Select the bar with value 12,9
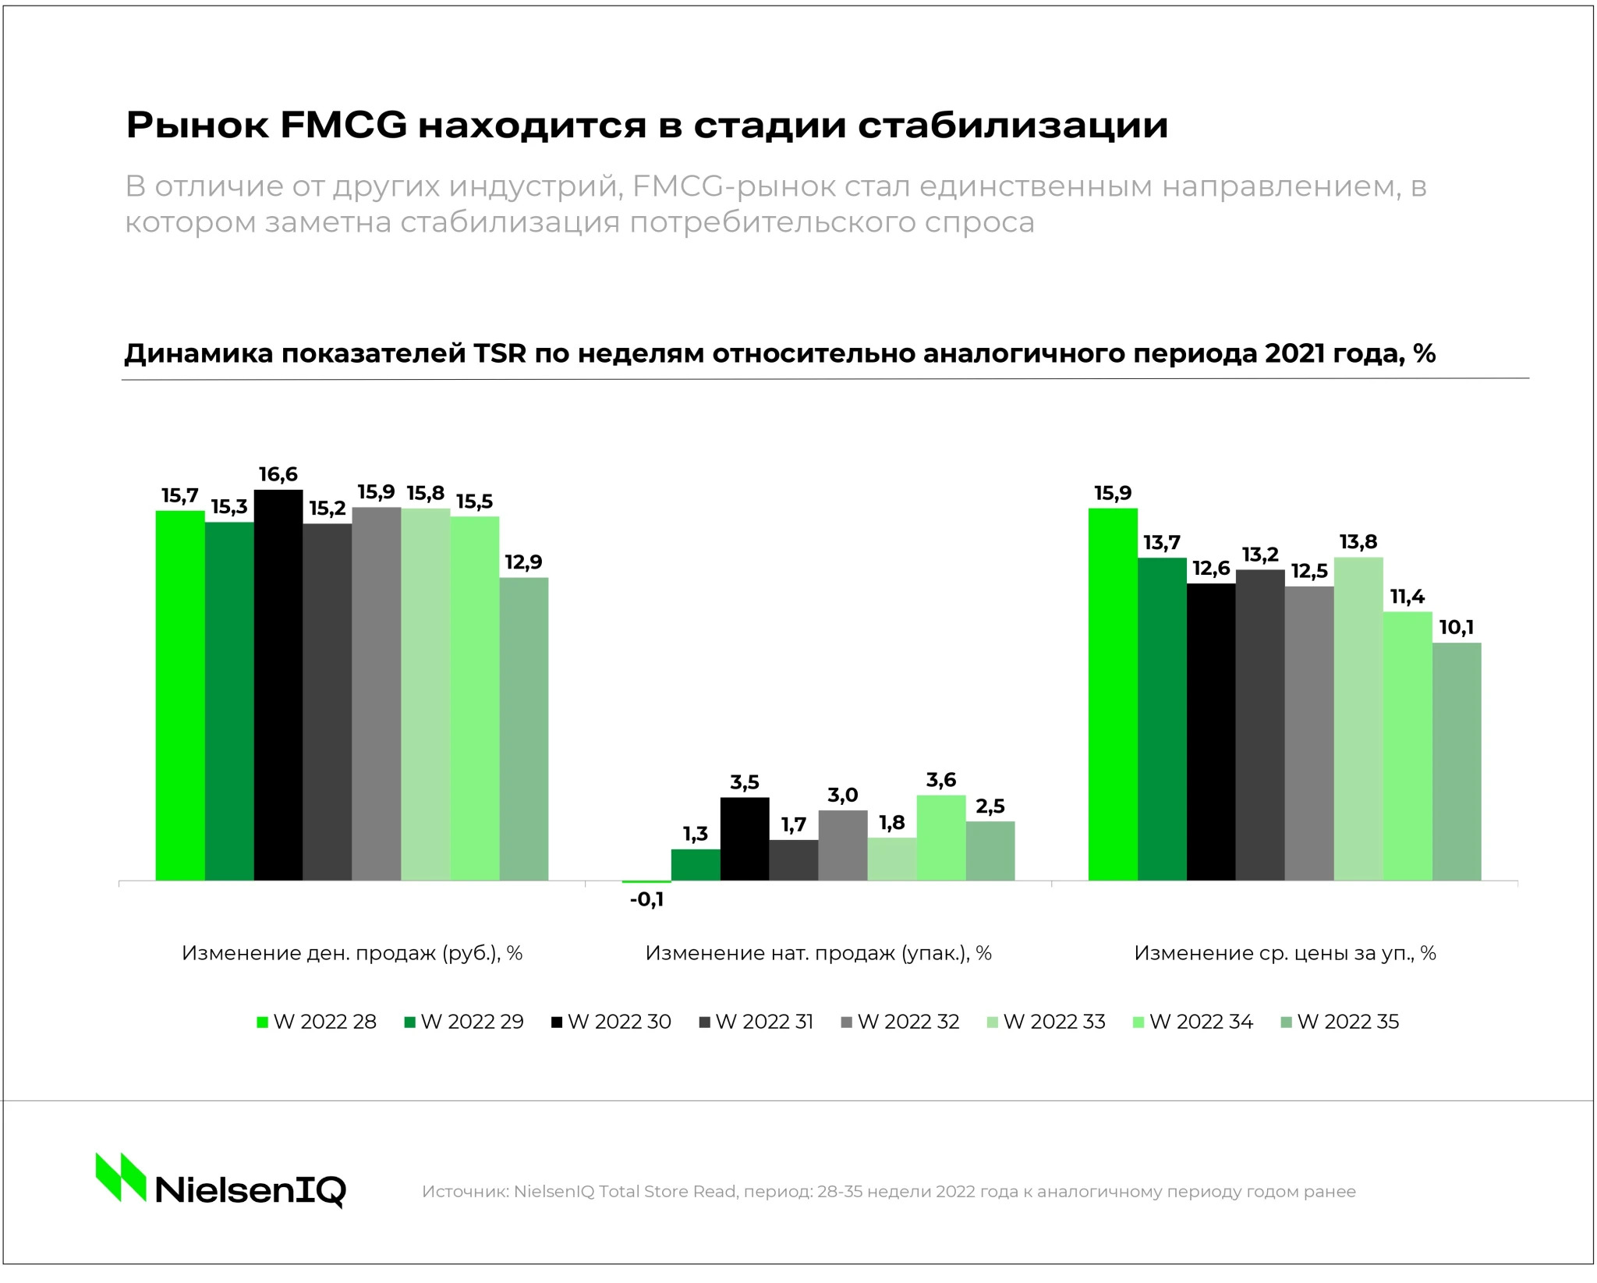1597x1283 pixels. pos(524,728)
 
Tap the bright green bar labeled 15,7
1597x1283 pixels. pos(180,695)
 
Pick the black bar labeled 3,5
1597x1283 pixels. pos(745,838)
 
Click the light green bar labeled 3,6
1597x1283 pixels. pos(941,838)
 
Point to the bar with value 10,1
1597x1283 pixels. pos(1457,761)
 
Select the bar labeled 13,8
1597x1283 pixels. pos(1358,718)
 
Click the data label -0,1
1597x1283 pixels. pos(646,900)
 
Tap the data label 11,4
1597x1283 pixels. pos(1407,597)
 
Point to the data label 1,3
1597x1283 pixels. pos(696,835)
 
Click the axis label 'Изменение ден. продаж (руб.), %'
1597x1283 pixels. pos(352,953)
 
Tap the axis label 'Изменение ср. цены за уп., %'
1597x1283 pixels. pos(1284,953)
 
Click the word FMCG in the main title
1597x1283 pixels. pos(344,125)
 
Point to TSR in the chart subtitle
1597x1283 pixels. pos(499,353)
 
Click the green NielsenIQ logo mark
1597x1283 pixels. pos(121,1177)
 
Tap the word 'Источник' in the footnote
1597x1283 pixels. pos(464,1192)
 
